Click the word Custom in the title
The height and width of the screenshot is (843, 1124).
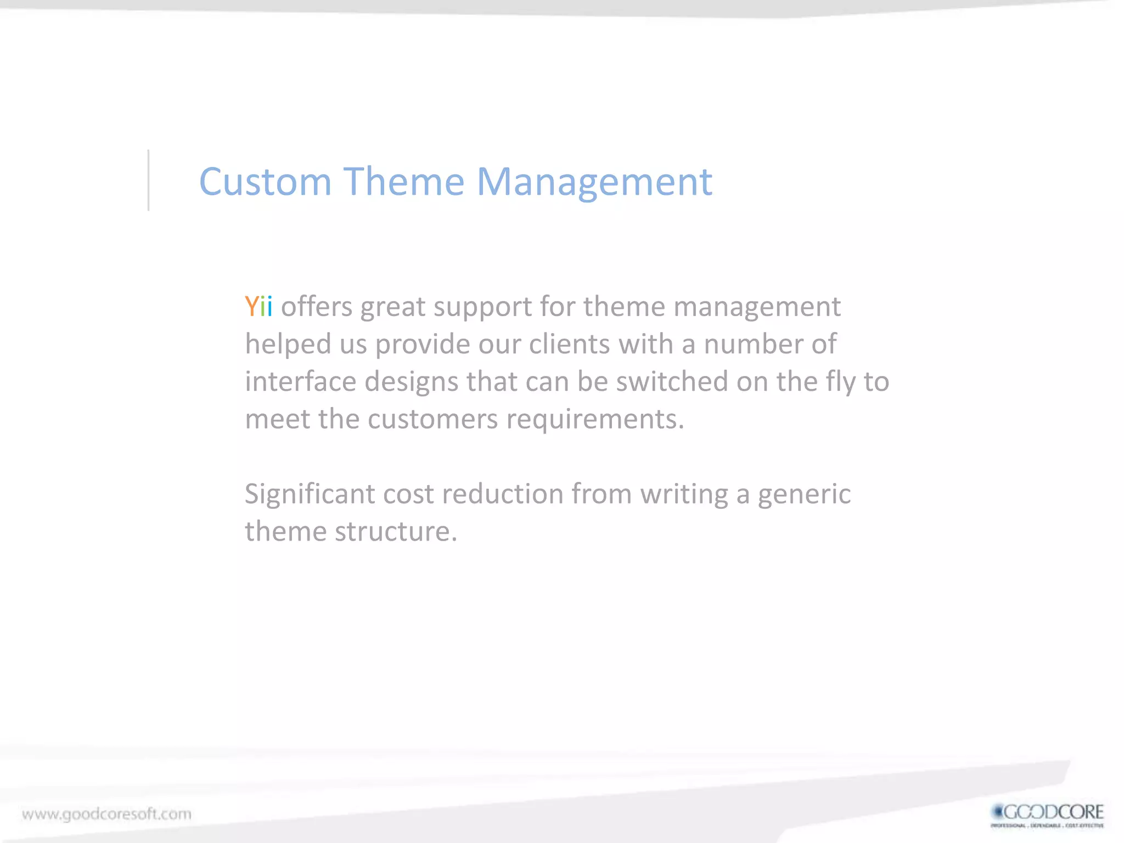265,182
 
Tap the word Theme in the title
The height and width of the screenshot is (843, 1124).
404,182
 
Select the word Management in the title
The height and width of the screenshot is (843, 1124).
594,183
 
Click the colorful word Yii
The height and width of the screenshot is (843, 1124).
258,306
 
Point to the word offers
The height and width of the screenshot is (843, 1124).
317,306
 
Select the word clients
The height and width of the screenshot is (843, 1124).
570,344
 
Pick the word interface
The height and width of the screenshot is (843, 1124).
300,381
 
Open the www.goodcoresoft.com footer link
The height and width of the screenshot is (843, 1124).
106,814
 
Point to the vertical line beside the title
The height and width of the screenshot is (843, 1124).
148,180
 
